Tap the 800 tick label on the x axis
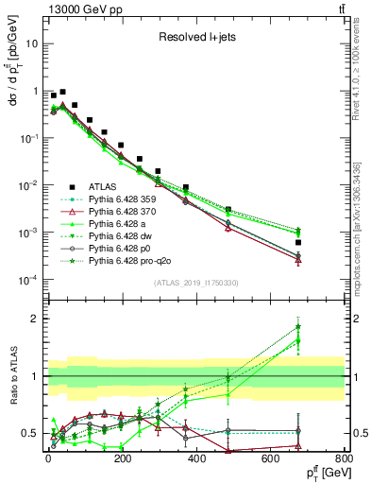coord(344,460)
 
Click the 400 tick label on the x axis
coord(195,460)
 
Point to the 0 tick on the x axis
coord(47,460)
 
